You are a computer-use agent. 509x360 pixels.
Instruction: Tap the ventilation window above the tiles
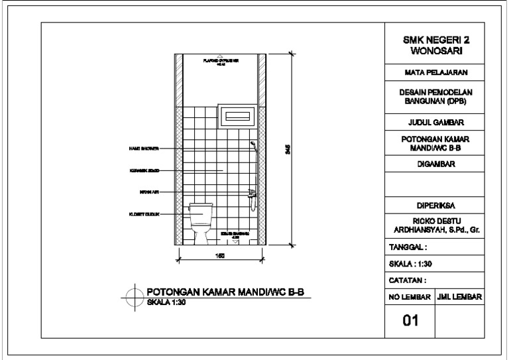(x=237, y=116)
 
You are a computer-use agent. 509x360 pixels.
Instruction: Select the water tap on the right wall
(x=251, y=193)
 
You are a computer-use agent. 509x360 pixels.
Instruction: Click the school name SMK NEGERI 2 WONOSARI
(x=433, y=45)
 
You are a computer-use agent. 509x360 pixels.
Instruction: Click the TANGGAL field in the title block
(x=408, y=247)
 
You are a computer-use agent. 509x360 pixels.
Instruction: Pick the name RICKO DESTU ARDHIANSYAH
(x=433, y=225)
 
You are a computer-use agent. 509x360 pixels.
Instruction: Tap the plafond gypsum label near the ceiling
(x=220, y=61)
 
